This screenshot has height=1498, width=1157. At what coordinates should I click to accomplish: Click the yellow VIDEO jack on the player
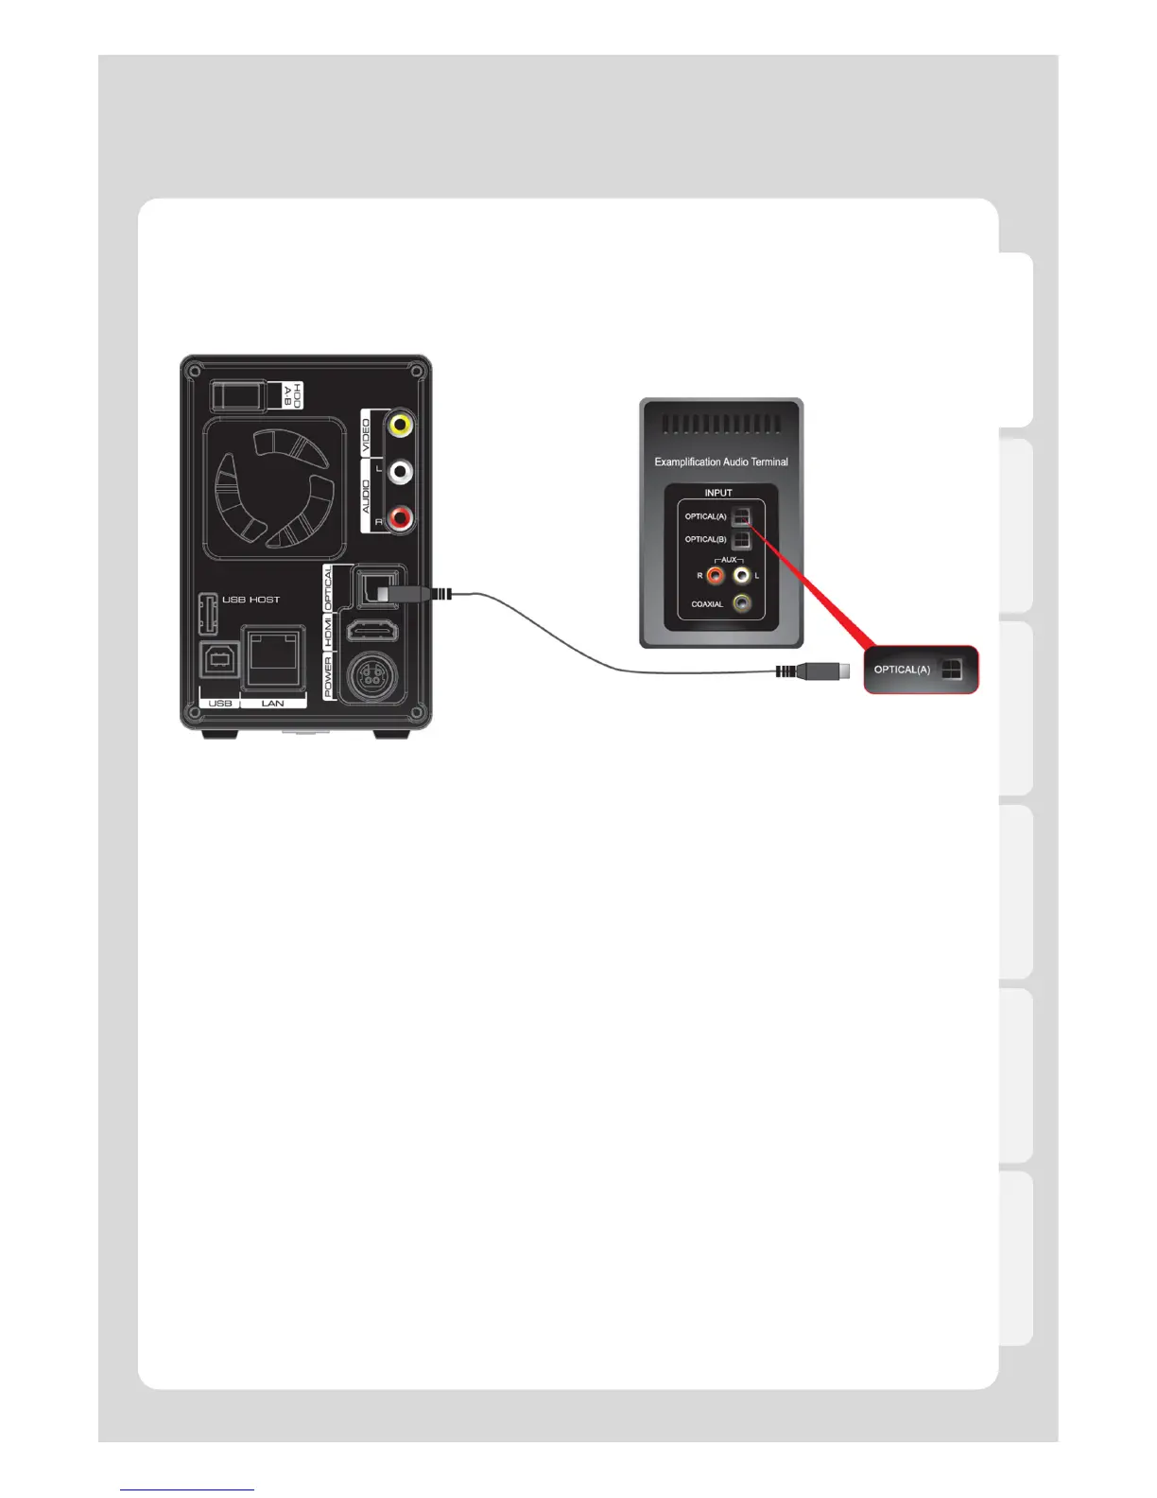[401, 425]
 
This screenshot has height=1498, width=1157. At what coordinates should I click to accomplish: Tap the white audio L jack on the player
[401, 470]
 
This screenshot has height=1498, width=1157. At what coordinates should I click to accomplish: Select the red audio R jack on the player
[401, 517]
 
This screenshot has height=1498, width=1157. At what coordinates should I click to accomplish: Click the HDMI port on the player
[373, 631]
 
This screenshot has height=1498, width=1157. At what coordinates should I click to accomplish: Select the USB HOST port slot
[209, 614]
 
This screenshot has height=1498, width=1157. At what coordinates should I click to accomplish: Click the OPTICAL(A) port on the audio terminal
[742, 516]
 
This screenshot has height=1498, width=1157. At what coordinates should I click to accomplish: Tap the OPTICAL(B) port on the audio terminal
[742, 539]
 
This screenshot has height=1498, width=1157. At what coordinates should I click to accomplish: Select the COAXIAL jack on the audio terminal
[743, 602]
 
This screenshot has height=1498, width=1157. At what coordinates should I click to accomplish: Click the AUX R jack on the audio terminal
[716, 574]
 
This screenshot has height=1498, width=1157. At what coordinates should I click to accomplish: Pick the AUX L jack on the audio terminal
[742, 574]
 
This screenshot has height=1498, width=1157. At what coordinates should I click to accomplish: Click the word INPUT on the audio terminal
[718, 493]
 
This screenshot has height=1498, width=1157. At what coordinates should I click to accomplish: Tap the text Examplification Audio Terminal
[720, 462]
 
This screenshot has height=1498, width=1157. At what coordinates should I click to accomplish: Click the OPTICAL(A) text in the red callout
[902, 670]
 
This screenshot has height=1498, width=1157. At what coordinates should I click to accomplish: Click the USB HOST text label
[250, 600]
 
